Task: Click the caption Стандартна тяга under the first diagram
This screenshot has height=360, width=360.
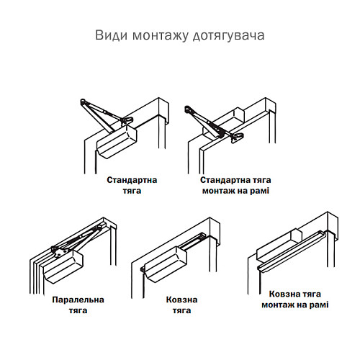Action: click(132, 185)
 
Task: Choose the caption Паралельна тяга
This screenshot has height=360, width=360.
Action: click(78, 305)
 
